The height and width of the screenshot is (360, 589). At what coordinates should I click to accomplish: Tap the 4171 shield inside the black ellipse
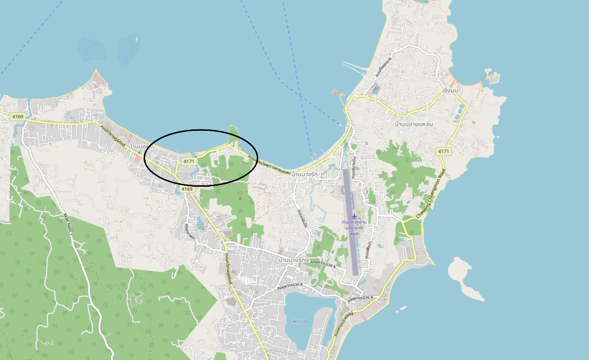(x=189, y=162)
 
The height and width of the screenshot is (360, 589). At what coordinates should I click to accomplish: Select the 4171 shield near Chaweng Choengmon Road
(x=443, y=151)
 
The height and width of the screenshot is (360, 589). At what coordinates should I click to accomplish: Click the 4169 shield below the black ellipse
(x=187, y=189)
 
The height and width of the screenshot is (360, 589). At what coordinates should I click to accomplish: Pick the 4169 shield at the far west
(x=18, y=116)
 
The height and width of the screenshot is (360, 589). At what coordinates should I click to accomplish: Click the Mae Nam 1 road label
(x=67, y=224)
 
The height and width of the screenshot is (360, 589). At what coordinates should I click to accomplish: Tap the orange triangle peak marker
(x=240, y=198)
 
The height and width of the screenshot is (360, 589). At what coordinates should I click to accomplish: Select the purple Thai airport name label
(x=354, y=228)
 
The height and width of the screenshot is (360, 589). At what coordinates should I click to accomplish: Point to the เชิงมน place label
(x=450, y=90)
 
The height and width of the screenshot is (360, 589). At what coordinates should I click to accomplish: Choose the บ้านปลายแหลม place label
(x=414, y=124)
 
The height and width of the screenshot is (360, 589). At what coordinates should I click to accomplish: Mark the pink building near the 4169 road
(x=138, y=158)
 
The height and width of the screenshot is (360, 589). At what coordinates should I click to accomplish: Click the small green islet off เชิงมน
(x=492, y=77)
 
